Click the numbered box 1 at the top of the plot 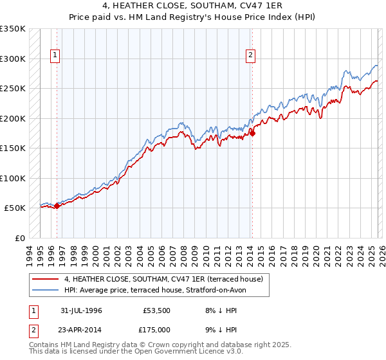pyautogui.click(x=56, y=56)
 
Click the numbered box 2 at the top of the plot pyautogui.click(x=250, y=56)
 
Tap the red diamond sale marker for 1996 pyautogui.click(x=57, y=206)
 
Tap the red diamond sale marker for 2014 pyautogui.click(x=252, y=134)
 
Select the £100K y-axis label pyautogui.click(x=13, y=178)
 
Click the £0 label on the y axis pyautogui.click(x=19, y=238)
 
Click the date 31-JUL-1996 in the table pyautogui.click(x=81, y=310)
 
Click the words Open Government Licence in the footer pyautogui.click(x=187, y=353)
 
